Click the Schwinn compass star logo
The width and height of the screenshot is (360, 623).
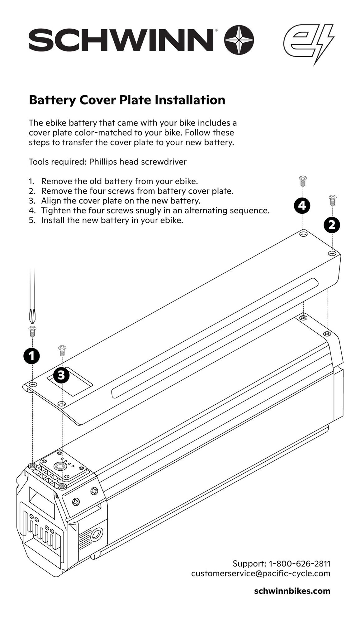(239, 40)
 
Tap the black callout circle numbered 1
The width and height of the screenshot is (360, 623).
(32, 356)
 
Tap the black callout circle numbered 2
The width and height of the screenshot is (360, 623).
(332, 225)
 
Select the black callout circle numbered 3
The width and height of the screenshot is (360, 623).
(61, 375)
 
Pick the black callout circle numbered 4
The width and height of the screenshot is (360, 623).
(302, 205)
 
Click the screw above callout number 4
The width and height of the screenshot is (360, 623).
(302, 181)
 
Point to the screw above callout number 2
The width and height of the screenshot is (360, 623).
(332, 200)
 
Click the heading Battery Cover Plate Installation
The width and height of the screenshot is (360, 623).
(127, 100)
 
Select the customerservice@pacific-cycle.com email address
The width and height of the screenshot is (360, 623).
(261, 573)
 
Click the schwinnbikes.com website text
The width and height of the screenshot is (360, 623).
(292, 591)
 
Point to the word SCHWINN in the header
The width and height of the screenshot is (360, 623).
(121, 40)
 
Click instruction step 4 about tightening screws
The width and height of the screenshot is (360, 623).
(155, 211)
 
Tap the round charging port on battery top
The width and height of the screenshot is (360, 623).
(59, 466)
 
